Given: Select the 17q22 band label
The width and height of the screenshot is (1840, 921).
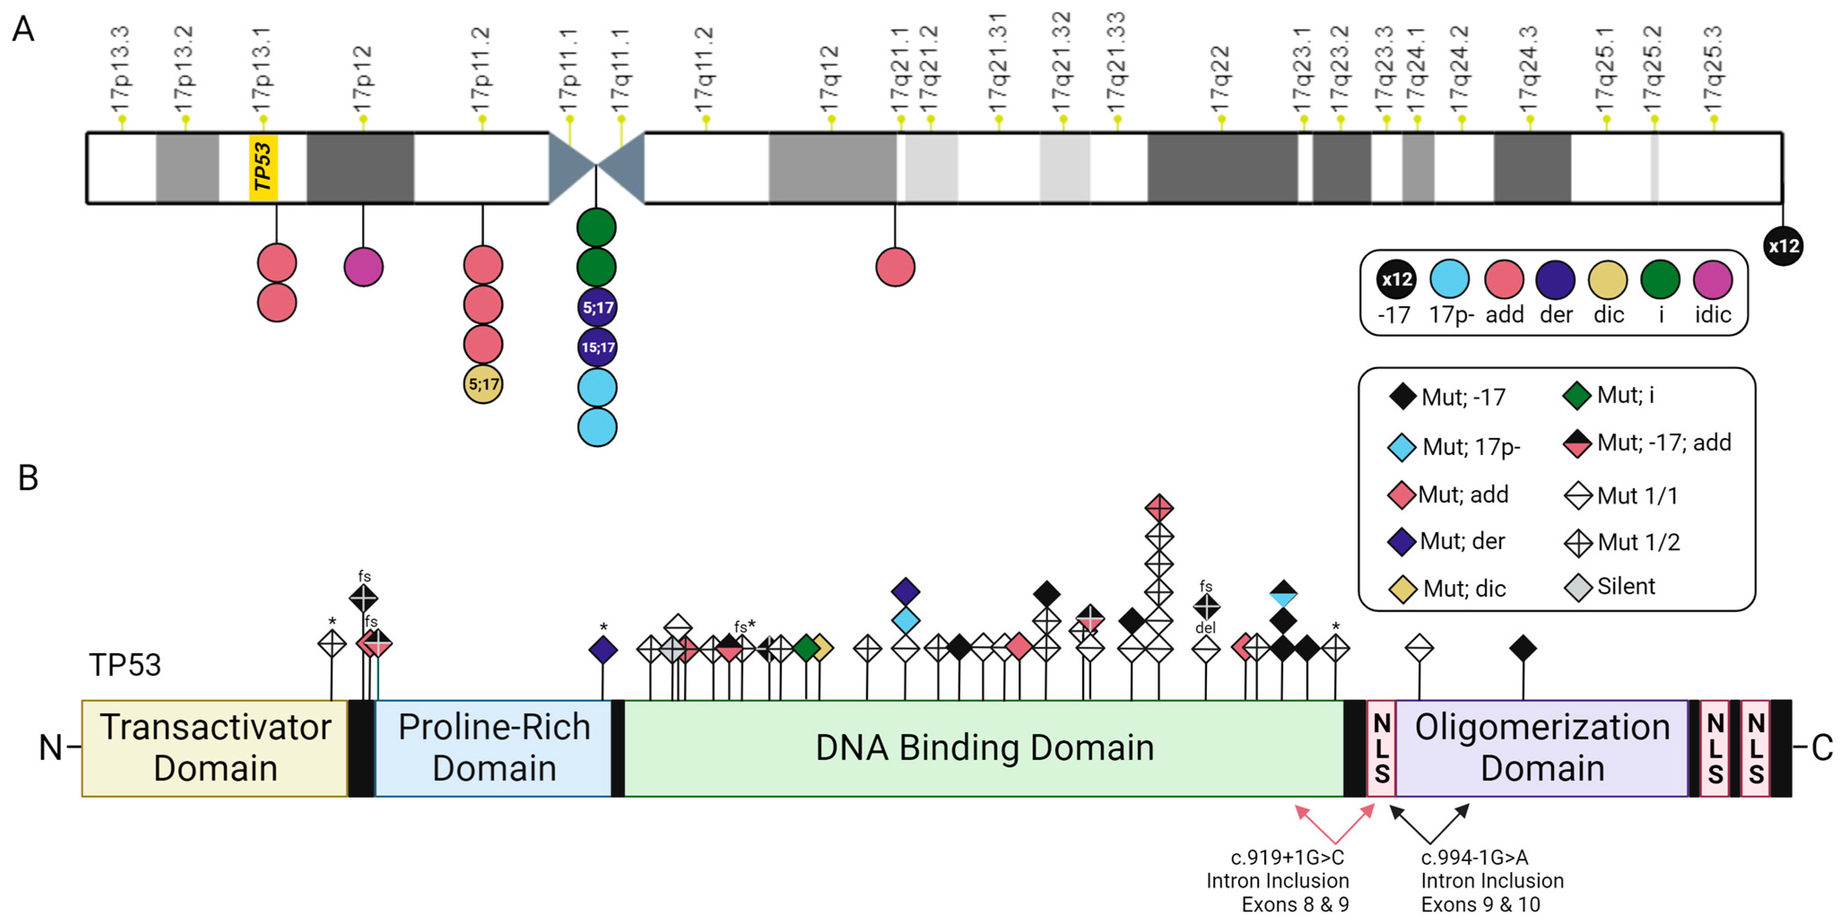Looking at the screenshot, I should coord(1220,78).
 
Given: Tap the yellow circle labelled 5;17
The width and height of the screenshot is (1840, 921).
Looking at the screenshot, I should coord(483,384).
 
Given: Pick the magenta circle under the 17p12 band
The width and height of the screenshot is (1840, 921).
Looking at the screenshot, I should coord(364,267).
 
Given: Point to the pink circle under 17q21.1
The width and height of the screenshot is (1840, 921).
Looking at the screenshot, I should coord(895,267).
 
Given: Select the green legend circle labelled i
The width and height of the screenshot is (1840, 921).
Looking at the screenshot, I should coord(1660,279).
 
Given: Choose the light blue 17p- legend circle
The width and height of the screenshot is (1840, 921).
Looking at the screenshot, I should coord(1449,279).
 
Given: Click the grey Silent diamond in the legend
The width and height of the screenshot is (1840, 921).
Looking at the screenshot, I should coord(1578,587).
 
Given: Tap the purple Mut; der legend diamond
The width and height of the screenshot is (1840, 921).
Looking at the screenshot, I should coord(1402,542).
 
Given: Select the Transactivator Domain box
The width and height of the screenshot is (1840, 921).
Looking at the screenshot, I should coord(215,748).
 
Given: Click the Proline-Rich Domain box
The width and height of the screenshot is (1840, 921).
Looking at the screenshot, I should coord(494,748).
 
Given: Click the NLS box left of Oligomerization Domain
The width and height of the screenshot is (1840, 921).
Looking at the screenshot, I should coord(1381,748).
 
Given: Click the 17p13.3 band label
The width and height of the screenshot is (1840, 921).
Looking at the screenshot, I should coord(122,68).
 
